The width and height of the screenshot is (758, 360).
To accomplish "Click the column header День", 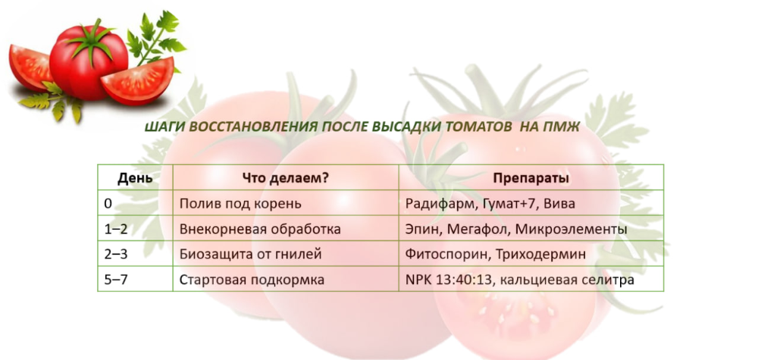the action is point(136,178).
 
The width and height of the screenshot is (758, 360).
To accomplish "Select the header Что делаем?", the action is point(285,178).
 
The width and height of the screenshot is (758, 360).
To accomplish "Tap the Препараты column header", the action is point(531,178).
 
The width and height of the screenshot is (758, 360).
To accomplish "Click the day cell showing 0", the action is point(108,204).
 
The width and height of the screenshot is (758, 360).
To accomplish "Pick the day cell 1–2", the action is point(116,229).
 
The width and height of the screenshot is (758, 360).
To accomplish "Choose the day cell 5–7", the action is point(116,280).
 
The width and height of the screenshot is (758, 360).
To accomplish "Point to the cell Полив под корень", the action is point(240,204).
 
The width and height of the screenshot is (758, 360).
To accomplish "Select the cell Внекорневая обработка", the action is point(260,229).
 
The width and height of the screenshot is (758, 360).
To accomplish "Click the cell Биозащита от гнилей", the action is point(250,254).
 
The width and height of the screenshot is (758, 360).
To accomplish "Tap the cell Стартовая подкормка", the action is point(252,280).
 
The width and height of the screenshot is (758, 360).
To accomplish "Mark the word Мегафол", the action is point(478,229).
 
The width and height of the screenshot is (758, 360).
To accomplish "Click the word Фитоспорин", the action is point(445,254).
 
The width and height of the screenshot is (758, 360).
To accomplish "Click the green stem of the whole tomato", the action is point(92,39).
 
